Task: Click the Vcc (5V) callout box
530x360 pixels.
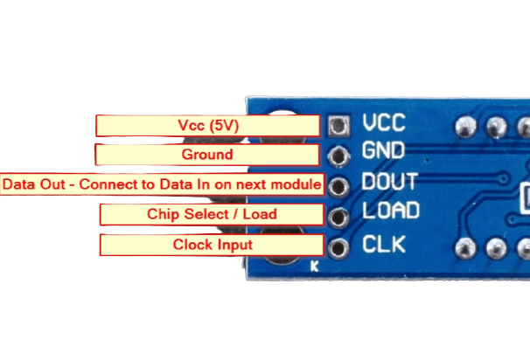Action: pos(208,126)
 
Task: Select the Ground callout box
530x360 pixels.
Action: pos(206,155)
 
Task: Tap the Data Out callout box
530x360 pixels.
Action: pos(162,185)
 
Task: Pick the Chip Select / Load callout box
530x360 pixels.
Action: pos(211,214)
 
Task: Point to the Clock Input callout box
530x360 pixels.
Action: pos(212,245)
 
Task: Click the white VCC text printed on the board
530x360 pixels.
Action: pos(384,123)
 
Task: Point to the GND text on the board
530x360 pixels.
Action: pos(384,152)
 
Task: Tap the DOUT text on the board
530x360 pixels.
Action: pos(390,183)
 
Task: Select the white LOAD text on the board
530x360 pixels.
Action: pos(390,211)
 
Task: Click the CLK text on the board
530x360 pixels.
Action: pos(384,243)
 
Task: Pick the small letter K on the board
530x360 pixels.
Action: pos(315,268)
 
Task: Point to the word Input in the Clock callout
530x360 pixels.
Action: pos(234,245)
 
